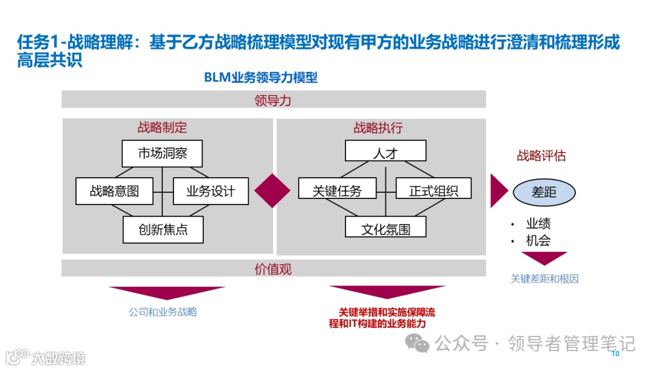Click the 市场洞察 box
162,153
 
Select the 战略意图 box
114,191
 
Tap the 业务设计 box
210,191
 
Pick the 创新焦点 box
162,230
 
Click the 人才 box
385,151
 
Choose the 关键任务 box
336,190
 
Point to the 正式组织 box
434,190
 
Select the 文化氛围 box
385,229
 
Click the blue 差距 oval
544,192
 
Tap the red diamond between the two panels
272,190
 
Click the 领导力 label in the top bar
273,100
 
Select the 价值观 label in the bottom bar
273,268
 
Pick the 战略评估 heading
541,156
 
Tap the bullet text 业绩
538,223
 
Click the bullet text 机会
538,240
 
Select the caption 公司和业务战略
163,312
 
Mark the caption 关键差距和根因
544,279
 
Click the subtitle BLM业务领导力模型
261,78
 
